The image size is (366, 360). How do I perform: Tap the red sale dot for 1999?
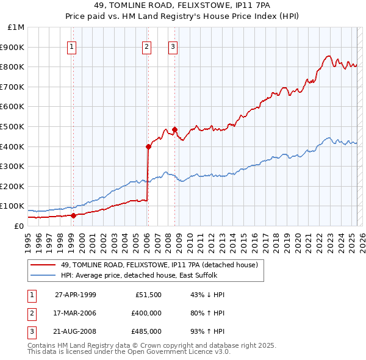tap(73, 215)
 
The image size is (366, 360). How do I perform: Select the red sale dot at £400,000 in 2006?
tap(148, 146)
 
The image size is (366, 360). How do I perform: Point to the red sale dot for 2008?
tap(174, 129)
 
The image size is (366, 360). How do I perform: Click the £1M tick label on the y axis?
tap(16, 27)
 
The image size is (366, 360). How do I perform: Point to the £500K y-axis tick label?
tap(13, 126)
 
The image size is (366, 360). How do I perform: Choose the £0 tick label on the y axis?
tap(20, 226)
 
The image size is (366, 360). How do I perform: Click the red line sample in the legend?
tap(43, 265)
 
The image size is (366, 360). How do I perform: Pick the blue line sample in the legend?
tap(43, 275)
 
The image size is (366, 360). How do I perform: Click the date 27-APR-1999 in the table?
tap(76, 295)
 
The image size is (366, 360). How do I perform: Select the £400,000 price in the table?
tap(146, 313)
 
